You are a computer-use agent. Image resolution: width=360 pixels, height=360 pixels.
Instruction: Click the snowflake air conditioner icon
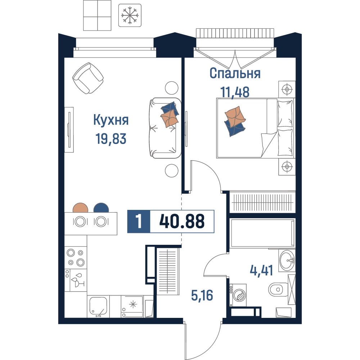click(130, 15)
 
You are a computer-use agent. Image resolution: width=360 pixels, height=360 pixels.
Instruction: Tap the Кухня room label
click(111, 120)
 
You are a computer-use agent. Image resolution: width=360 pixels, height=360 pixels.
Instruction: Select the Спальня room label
click(235, 73)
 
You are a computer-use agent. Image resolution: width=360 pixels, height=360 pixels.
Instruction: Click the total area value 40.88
click(182, 221)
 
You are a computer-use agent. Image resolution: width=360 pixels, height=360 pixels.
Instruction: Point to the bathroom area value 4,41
click(261, 270)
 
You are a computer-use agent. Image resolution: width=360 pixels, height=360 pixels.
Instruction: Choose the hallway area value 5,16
click(202, 295)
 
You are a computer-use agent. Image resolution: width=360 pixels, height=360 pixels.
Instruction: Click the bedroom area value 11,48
click(235, 92)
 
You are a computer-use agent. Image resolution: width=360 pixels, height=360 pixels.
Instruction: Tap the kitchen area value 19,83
click(111, 139)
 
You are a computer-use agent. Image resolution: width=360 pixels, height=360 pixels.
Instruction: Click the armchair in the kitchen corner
click(88, 78)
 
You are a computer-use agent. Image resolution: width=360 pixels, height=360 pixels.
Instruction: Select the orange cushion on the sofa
click(170, 118)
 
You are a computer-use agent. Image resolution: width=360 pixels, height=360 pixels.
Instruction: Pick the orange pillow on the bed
click(235, 117)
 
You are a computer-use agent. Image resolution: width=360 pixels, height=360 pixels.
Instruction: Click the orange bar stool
click(80, 208)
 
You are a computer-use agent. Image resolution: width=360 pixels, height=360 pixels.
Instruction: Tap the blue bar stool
click(101, 208)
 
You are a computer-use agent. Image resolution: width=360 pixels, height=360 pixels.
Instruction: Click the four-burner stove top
click(76, 258)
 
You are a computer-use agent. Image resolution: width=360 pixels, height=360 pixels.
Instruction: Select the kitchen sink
click(98, 306)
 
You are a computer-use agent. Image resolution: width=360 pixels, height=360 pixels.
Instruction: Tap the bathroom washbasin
click(287, 260)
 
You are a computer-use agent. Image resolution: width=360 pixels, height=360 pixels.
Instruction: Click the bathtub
click(263, 233)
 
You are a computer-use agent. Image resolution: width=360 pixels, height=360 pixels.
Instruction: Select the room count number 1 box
click(139, 221)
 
